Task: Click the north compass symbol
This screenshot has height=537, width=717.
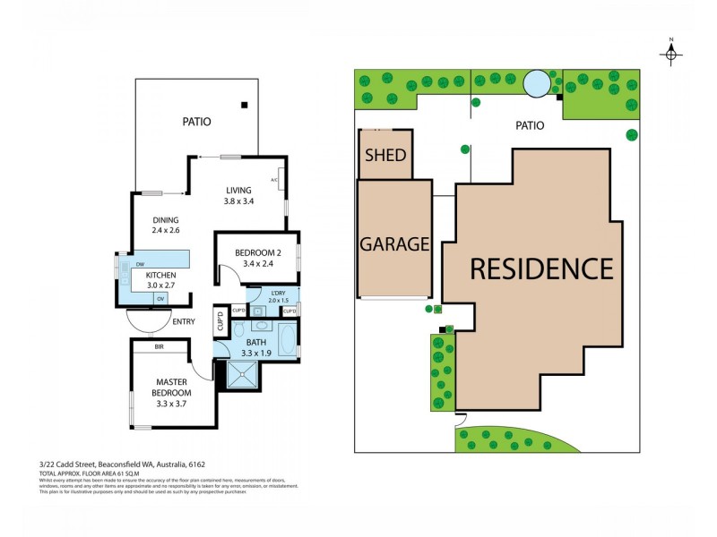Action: (x=671, y=54)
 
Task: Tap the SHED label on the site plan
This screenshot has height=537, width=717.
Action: (x=384, y=155)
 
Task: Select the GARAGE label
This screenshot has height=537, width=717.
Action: (x=395, y=243)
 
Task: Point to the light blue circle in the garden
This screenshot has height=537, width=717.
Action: (x=537, y=83)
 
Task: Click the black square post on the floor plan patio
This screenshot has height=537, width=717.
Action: (x=244, y=105)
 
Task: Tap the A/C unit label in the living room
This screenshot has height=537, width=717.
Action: (x=274, y=179)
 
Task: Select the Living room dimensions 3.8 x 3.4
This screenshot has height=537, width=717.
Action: (x=239, y=201)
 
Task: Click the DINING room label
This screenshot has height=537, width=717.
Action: (x=166, y=220)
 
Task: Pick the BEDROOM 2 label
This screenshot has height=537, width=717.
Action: (x=259, y=253)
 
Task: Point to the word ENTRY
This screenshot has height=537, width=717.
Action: (x=184, y=320)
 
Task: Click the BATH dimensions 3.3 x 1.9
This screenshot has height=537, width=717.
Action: (x=257, y=353)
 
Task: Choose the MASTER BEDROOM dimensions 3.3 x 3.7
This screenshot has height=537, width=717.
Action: (x=171, y=404)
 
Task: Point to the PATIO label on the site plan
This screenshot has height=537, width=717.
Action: (x=529, y=126)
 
